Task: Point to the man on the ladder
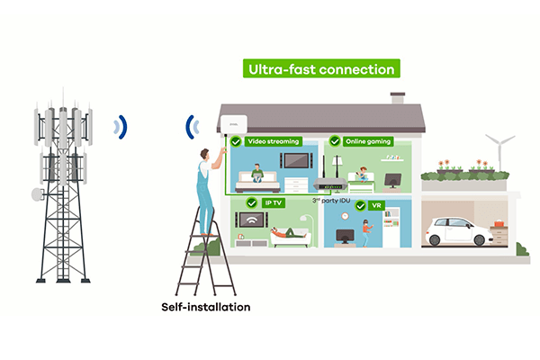[207, 189]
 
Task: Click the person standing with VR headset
[366, 232]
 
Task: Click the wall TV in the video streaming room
[296, 162]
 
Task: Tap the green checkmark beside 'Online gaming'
[336, 141]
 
